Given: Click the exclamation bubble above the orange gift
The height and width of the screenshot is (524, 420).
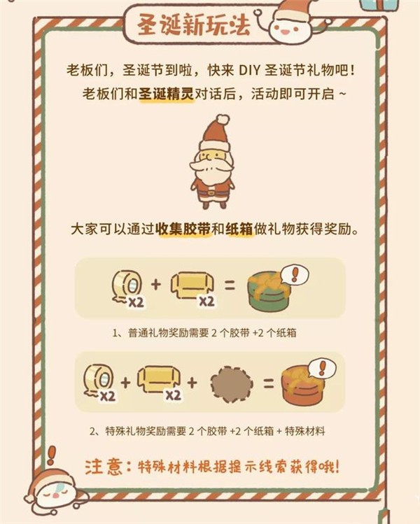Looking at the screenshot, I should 322,367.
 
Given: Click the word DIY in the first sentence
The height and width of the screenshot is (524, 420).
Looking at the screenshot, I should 251,70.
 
